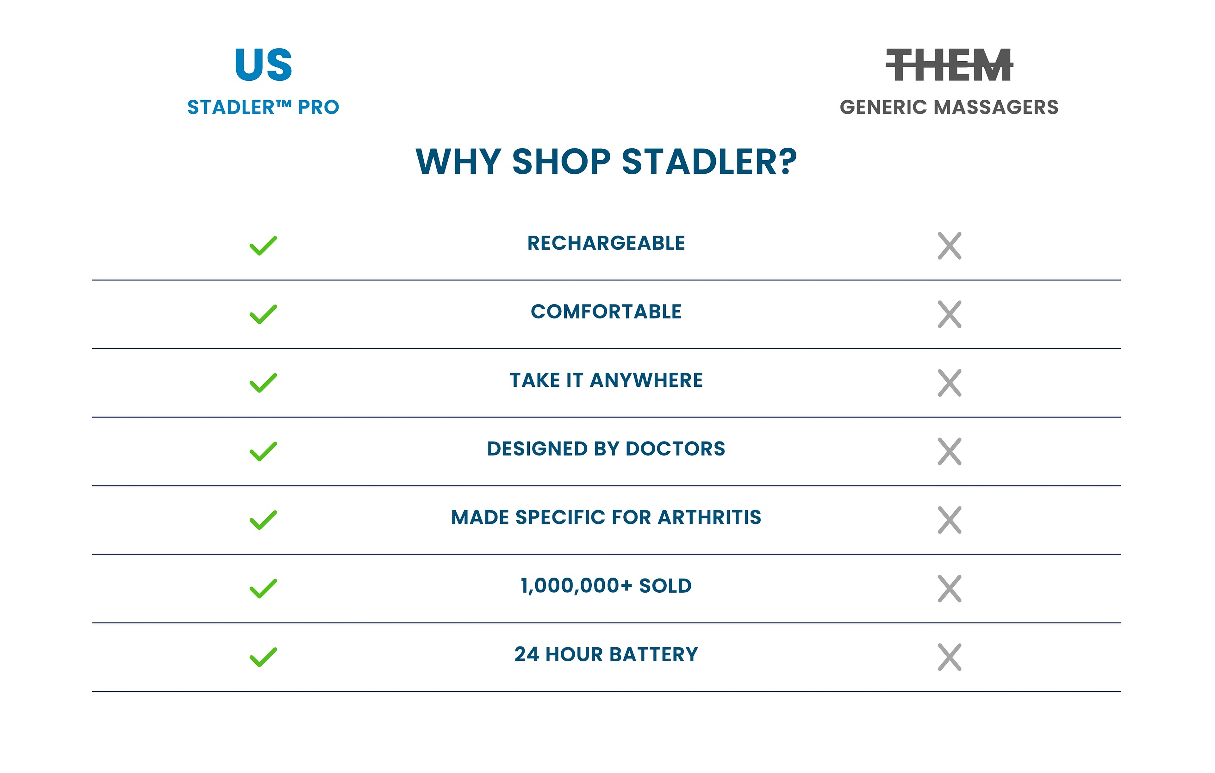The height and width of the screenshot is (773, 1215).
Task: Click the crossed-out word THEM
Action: click(x=950, y=65)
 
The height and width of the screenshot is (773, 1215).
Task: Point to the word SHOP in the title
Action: click(x=562, y=162)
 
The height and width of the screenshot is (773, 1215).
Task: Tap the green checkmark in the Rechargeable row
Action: click(x=263, y=245)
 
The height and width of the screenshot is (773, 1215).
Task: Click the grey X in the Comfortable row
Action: click(x=950, y=315)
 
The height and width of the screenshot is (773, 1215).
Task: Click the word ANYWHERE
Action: click(x=646, y=380)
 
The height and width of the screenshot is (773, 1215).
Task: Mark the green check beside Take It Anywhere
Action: click(x=263, y=383)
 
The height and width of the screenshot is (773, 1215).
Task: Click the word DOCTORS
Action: click(x=675, y=449)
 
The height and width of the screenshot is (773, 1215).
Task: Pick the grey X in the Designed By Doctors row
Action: click(x=950, y=451)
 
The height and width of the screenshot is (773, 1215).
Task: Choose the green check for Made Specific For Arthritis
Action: click(x=263, y=520)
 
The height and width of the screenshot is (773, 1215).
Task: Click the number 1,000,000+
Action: click(x=576, y=586)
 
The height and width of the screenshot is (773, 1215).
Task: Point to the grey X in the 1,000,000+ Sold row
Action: click(x=950, y=589)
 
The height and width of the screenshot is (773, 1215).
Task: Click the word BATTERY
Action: click(x=654, y=654)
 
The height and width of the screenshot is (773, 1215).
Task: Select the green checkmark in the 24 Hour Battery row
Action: click(x=263, y=657)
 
